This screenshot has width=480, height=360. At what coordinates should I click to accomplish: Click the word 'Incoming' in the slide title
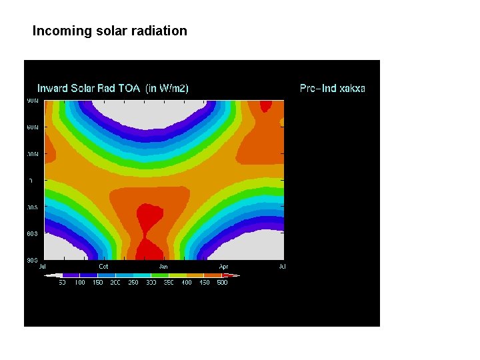[57, 31]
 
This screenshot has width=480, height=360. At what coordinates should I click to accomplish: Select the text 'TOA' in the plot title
[131, 88]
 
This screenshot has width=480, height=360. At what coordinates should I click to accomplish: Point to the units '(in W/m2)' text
[167, 88]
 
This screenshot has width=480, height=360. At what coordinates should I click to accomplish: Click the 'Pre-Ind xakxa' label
[332, 88]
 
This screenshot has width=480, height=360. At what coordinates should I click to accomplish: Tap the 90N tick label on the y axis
[32, 101]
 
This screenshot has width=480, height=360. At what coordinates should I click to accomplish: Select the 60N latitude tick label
[32, 127]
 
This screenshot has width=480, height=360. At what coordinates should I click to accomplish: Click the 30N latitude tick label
[32, 154]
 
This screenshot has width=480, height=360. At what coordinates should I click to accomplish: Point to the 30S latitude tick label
[32, 207]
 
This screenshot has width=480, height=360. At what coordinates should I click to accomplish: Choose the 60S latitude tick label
[32, 234]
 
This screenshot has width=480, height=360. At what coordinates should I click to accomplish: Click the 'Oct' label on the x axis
[103, 267]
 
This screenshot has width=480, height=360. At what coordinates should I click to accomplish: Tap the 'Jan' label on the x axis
[163, 267]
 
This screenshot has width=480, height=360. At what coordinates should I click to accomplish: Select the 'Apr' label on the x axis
[223, 267]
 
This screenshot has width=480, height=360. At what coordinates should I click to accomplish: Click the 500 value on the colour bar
[222, 283]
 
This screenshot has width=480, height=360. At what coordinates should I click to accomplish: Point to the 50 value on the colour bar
[62, 283]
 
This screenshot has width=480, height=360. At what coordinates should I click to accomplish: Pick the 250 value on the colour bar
[133, 283]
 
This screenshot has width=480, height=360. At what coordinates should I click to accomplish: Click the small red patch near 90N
[266, 105]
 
